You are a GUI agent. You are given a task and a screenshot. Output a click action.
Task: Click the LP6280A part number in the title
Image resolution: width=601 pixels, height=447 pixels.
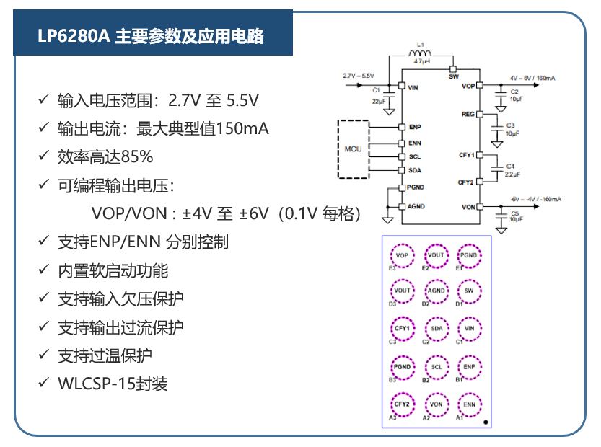pos(74,36)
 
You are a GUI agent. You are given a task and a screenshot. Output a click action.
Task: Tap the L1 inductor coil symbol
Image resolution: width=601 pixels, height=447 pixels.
pos(420,53)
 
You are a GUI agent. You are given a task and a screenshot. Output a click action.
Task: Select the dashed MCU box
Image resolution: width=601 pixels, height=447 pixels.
pos(353,149)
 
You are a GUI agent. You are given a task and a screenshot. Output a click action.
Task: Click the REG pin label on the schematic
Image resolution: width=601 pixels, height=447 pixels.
pos(468,114)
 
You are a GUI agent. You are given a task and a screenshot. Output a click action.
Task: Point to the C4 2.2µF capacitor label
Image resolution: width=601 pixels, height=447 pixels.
pos(512,170)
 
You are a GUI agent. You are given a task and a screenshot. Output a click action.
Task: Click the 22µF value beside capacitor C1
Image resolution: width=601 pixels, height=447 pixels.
pos(378,102)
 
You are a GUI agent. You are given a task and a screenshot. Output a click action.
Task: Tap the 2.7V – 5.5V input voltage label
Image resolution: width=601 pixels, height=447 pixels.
pos(359,76)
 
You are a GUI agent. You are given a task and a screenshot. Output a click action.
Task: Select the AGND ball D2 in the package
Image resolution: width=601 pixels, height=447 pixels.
pos(437,291)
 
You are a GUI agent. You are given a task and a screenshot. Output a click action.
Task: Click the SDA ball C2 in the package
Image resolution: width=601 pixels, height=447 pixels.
pos(437,328)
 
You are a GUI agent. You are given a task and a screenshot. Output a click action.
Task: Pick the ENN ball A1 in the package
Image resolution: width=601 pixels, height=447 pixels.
pos(470,404)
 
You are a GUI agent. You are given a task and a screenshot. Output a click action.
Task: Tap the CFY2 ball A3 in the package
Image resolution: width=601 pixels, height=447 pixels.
pos(402,404)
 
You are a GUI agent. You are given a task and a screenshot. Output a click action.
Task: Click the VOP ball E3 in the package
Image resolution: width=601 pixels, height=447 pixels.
pos(402,255)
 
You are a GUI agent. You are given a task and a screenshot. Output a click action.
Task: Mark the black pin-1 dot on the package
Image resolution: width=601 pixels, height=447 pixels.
pos(486,422)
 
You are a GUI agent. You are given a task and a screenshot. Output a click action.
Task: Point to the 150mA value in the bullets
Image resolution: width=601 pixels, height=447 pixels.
pos(242,129)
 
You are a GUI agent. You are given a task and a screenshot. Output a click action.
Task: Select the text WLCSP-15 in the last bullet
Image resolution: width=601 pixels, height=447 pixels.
pos(96,384)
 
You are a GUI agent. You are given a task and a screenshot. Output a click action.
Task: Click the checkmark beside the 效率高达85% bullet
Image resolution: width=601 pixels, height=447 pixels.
pos(43,156)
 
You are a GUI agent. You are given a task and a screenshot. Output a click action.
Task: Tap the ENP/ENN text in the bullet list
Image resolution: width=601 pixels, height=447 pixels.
pos(125,242)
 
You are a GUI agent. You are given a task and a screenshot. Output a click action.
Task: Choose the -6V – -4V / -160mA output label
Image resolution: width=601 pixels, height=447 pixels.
pos(535,199)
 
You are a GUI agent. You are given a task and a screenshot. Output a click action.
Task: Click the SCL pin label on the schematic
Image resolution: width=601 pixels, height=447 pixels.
pos(415,156)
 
